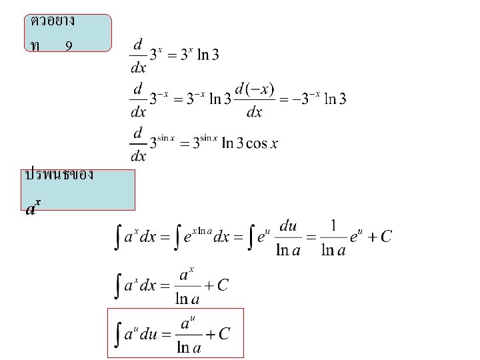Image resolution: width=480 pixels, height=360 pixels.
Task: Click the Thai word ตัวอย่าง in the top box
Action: click(53, 21)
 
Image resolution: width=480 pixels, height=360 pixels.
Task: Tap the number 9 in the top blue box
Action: click(69, 46)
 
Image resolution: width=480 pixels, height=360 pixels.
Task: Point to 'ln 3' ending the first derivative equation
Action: click(207, 55)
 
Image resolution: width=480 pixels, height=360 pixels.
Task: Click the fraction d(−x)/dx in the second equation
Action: click(255, 100)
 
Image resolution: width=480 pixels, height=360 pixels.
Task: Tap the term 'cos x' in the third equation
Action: click(261, 143)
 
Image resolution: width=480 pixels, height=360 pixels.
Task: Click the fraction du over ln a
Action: click(288, 238)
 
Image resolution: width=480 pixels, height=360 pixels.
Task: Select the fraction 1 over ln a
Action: click(333, 238)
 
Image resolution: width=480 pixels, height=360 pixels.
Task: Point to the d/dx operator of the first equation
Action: click(138, 55)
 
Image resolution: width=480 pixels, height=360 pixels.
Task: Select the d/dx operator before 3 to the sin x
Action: click(138, 144)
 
